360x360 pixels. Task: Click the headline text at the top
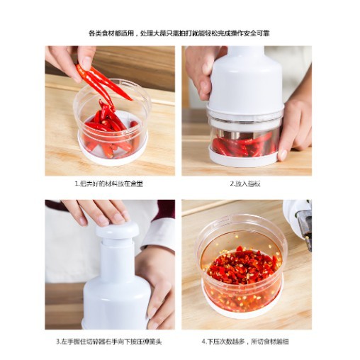pos(179,33)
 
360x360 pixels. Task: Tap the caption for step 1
pos(109,183)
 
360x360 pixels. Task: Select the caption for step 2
pos(246,183)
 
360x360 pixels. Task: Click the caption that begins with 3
pos(109,341)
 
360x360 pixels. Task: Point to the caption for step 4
pos(246,341)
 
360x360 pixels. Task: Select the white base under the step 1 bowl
pos(113,154)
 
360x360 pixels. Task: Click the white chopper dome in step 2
pos(245,81)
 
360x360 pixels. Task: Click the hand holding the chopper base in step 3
pos(157,283)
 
